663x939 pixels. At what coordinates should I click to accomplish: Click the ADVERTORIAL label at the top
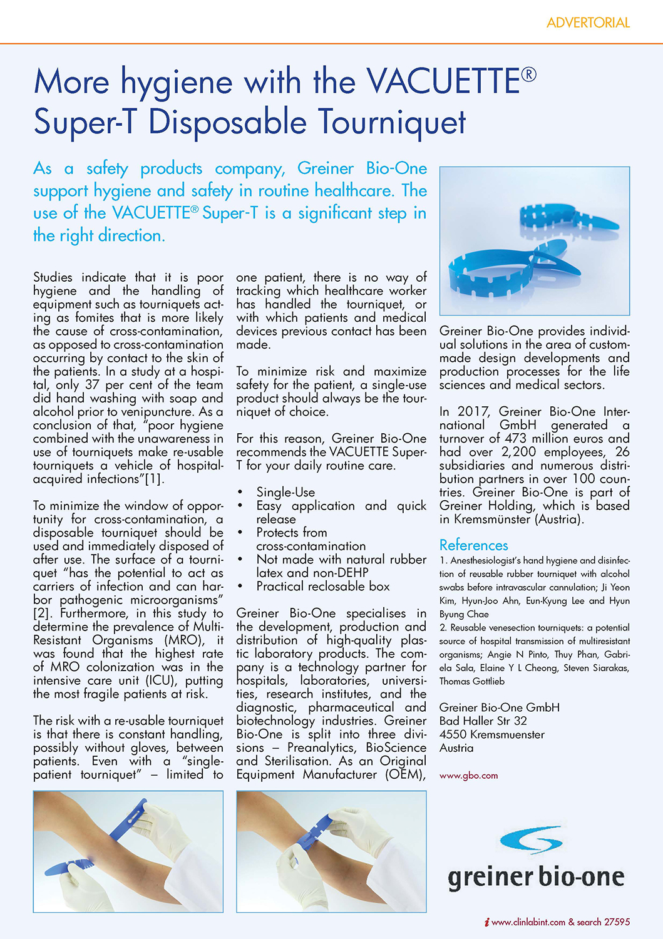coord(588,23)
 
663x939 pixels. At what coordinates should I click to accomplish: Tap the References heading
coord(473,545)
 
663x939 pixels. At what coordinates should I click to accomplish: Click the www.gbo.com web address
coord(468,776)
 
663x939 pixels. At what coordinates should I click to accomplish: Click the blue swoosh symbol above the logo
coord(532,839)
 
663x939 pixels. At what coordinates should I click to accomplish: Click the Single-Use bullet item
coord(285,493)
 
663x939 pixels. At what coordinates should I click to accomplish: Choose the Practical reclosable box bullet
coord(322,587)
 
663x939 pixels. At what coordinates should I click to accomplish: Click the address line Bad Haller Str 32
coord(483,721)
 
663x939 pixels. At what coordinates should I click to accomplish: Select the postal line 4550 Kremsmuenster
coord(491,734)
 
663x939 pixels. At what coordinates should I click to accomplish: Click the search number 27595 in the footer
coord(617,922)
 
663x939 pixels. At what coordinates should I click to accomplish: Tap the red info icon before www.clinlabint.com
coord(486,922)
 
